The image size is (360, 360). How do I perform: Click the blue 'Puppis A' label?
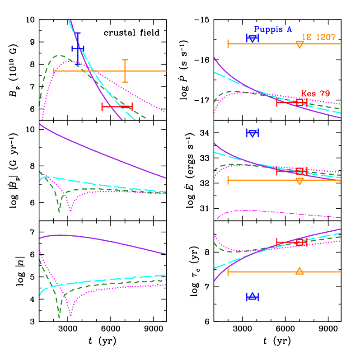(x=273, y=30)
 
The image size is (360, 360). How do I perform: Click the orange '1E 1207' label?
(x=318, y=37)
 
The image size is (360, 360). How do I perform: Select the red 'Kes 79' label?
(x=315, y=94)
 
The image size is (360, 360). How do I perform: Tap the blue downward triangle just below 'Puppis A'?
(x=252, y=38)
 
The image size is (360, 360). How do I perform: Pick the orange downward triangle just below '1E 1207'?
(x=299, y=44)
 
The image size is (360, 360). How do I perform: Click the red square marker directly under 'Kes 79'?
(x=299, y=103)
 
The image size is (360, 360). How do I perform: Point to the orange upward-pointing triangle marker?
(x=299, y=271)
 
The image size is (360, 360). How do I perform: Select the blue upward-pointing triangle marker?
(x=252, y=296)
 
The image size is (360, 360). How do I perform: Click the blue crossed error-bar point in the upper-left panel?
(x=78, y=48)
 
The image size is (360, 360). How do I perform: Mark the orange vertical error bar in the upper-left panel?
(x=125, y=71)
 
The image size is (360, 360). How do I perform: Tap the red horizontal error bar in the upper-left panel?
(x=117, y=107)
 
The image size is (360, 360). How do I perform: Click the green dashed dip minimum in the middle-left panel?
(x=59, y=211)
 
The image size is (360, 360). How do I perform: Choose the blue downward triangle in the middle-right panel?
(x=252, y=133)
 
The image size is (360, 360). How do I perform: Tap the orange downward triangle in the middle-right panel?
(x=299, y=181)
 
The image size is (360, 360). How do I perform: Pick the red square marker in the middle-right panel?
(x=299, y=171)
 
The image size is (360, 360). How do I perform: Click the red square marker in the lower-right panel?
(x=299, y=243)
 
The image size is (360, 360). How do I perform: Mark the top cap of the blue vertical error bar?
(x=78, y=33)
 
